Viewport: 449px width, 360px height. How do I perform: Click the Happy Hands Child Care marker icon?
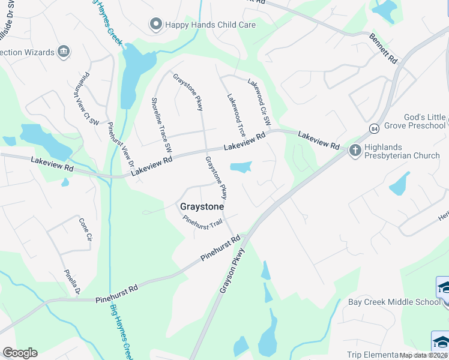pyautogui.click(x=156, y=25)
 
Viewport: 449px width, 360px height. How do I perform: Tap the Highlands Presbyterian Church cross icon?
pyautogui.click(x=355, y=150)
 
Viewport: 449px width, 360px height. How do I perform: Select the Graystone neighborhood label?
pyautogui.click(x=202, y=206)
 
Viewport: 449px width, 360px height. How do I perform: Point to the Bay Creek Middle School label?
pyautogui.click(x=394, y=302)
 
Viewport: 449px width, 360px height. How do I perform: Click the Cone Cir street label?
pyautogui.click(x=85, y=229)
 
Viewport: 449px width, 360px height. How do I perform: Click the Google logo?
pyautogui.click(x=20, y=353)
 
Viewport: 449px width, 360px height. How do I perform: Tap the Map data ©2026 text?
pyautogui.click(x=423, y=355)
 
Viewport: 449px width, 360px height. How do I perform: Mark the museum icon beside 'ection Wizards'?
pyautogui.click(x=63, y=52)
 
